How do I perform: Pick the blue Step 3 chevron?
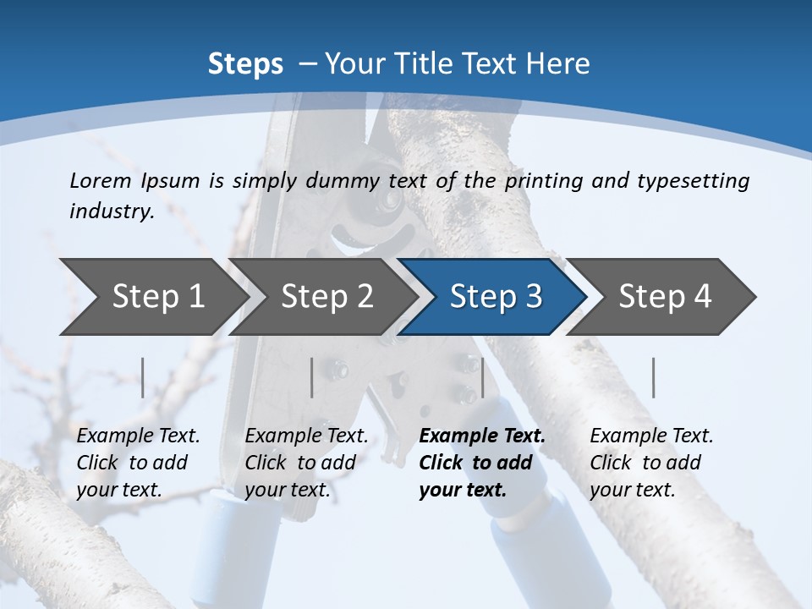(x=496, y=297)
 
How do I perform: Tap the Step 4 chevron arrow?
(x=665, y=297)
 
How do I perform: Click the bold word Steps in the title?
(x=245, y=63)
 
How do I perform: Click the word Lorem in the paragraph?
(x=101, y=180)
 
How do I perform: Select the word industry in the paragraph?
(x=112, y=211)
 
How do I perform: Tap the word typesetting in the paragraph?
(x=692, y=180)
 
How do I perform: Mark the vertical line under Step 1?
(x=143, y=377)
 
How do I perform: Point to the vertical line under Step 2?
(x=312, y=377)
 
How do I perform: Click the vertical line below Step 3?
(x=482, y=377)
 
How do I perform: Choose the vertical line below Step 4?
(x=654, y=377)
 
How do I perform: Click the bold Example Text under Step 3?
(x=482, y=436)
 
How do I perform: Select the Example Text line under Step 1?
(x=138, y=436)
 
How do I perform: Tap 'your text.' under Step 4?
(x=632, y=490)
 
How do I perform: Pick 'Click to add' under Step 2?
(x=300, y=463)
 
